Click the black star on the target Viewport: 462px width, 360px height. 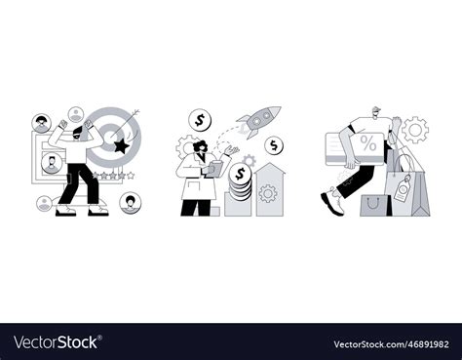coord(121,146)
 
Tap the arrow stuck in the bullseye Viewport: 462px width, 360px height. coord(130,124)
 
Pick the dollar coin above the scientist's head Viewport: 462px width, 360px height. coord(201,121)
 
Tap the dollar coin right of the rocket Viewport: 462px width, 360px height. coord(276,146)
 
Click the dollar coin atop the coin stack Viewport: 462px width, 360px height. coord(240,174)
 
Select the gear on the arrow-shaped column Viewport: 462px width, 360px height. coord(268,192)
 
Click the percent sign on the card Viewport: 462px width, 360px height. coord(367,143)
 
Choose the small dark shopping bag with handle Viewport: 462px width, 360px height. coord(374,204)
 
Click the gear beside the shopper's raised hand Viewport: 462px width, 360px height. coord(416,129)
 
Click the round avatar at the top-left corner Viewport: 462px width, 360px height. coord(41,124)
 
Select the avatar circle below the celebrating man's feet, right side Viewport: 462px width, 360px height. coord(130,202)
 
